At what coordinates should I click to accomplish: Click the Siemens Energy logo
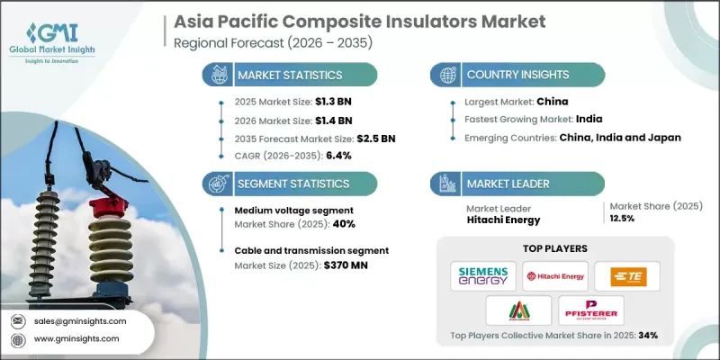[x=484, y=274]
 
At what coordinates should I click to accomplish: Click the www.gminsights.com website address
[x=78, y=339]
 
